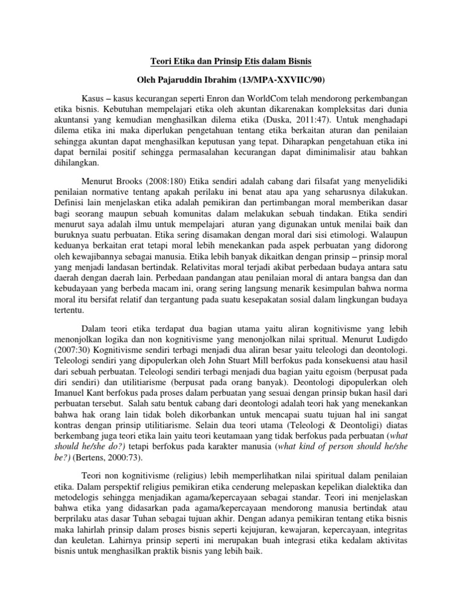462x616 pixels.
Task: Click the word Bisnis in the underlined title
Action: pyautogui.click(x=298, y=61)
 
